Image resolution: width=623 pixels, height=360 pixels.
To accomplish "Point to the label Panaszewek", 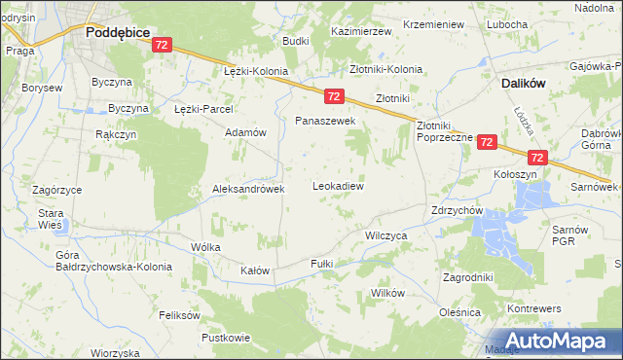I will point(326,121).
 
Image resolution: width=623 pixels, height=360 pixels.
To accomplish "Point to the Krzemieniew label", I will point(433,24).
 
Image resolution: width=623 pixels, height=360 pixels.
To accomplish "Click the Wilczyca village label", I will point(385,235).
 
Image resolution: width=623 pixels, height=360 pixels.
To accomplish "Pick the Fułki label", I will point(321,264).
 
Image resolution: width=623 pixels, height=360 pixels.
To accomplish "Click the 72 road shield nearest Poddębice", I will point(163,45).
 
